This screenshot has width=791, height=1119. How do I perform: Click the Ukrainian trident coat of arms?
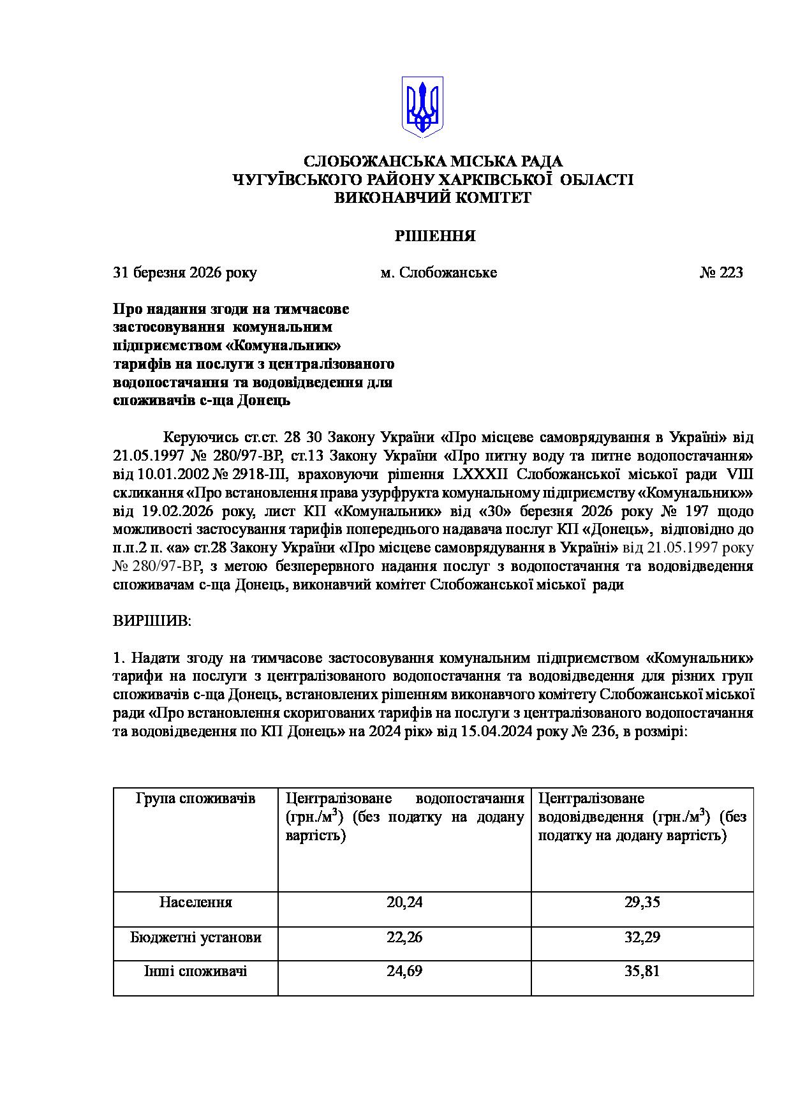point(422,107)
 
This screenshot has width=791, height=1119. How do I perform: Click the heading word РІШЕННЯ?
point(435,236)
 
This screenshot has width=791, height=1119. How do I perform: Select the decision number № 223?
point(721,273)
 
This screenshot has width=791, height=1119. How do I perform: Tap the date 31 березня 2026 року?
point(185,273)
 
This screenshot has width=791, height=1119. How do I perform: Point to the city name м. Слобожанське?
point(439,273)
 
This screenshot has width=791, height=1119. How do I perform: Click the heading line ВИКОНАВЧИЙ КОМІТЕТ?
point(433,198)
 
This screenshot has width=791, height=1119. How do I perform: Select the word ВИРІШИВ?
point(152,621)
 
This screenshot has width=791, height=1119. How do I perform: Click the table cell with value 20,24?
point(404,902)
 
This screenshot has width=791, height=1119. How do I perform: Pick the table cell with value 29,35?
point(642,902)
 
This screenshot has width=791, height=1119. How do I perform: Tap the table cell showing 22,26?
point(404,937)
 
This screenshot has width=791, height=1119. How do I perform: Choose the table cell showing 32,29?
point(642,937)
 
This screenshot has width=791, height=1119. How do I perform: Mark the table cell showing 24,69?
point(404,972)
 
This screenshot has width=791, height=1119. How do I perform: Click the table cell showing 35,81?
point(642,972)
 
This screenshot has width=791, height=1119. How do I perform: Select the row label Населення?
point(196,902)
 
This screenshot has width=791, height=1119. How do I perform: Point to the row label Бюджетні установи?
point(196,937)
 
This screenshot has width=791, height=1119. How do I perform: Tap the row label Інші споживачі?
point(196,972)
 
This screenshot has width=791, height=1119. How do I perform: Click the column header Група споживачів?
point(196,799)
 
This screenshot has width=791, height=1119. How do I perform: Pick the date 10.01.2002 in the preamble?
point(175,475)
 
